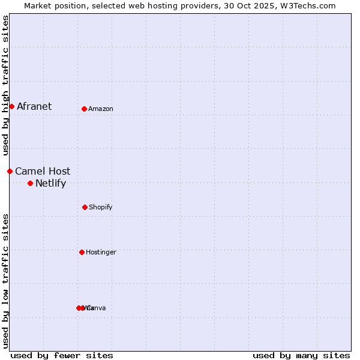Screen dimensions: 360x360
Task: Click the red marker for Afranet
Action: click(x=11, y=106)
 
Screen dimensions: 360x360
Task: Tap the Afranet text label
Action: click(x=34, y=106)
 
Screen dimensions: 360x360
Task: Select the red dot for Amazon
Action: click(x=84, y=109)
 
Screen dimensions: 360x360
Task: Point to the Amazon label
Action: click(x=101, y=109)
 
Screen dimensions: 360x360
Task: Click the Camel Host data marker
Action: click(x=10, y=171)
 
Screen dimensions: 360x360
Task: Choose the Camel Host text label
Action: click(x=43, y=171)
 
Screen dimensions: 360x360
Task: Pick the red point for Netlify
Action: click(x=30, y=183)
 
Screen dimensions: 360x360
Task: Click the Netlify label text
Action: click(x=50, y=183)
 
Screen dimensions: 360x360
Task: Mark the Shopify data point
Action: click(x=85, y=207)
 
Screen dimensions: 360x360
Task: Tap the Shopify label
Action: click(x=101, y=207)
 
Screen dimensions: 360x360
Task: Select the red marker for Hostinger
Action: click(x=82, y=252)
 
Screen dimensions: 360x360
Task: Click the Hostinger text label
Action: click(x=101, y=252)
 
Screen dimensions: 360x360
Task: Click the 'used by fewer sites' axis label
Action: click(x=62, y=355)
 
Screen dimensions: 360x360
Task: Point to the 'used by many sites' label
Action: click(x=301, y=355)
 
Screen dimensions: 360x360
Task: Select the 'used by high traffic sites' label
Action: click(x=5, y=86)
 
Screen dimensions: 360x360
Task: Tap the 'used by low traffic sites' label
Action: click(x=5, y=281)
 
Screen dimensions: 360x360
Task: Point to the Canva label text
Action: click(x=97, y=308)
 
